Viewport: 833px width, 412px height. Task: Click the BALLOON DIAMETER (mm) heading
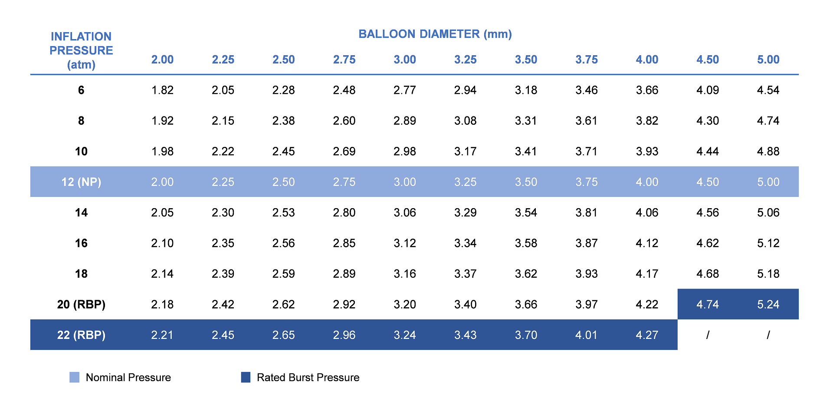tap(435, 34)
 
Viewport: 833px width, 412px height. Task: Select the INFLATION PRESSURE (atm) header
tap(81, 50)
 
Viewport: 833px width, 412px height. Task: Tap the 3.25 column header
tap(465, 60)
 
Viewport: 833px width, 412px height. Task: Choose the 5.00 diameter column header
tap(768, 60)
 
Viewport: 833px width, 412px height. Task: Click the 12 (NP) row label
tap(81, 182)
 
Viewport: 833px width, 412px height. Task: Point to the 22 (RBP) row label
tap(81, 335)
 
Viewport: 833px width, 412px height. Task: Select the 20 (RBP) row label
tap(81, 304)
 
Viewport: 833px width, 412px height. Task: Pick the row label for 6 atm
tap(81, 90)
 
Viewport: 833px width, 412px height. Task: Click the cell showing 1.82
tap(162, 90)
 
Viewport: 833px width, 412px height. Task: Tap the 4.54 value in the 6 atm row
tap(768, 90)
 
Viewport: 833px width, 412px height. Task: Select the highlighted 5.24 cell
tap(768, 304)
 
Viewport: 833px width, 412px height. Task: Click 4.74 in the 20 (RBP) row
tap(707, 304)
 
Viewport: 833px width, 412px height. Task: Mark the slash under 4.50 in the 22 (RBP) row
tap(707, 335)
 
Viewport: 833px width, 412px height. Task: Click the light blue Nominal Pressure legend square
tap(75, 377)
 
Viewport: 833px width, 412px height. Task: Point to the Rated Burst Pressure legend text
tap(308, 377)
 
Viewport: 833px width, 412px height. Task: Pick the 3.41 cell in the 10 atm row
tap(526, 151)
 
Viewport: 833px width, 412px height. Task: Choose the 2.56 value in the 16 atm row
tap(283, 243)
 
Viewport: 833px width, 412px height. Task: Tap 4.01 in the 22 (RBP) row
tap(586, 335)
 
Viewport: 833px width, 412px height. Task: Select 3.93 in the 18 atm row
tap(586, 274)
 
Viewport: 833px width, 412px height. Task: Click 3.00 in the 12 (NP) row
tap(404, 182)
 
